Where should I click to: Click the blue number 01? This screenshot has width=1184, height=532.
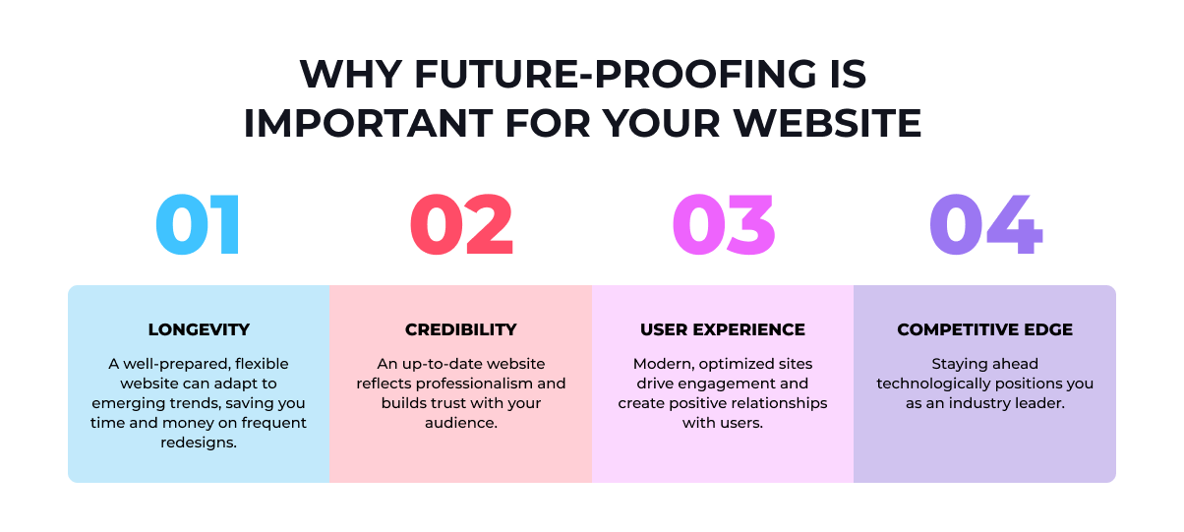click(198, 225)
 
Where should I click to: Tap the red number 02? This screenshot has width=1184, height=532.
click(461, 225)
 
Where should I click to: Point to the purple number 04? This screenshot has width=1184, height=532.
click(985, 225)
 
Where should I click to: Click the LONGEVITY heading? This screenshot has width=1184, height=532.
click(199, 329)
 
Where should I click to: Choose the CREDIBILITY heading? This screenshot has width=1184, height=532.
click(460, 329)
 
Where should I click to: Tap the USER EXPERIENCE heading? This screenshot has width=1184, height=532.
click(723, 329)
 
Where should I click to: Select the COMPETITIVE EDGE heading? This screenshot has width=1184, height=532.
click(984, 329)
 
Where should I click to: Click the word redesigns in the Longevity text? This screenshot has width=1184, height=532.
click(199, 443)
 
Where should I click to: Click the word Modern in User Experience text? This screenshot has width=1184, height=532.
click(662, 364)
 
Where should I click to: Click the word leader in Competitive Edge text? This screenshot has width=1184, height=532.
click(1041, 403)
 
